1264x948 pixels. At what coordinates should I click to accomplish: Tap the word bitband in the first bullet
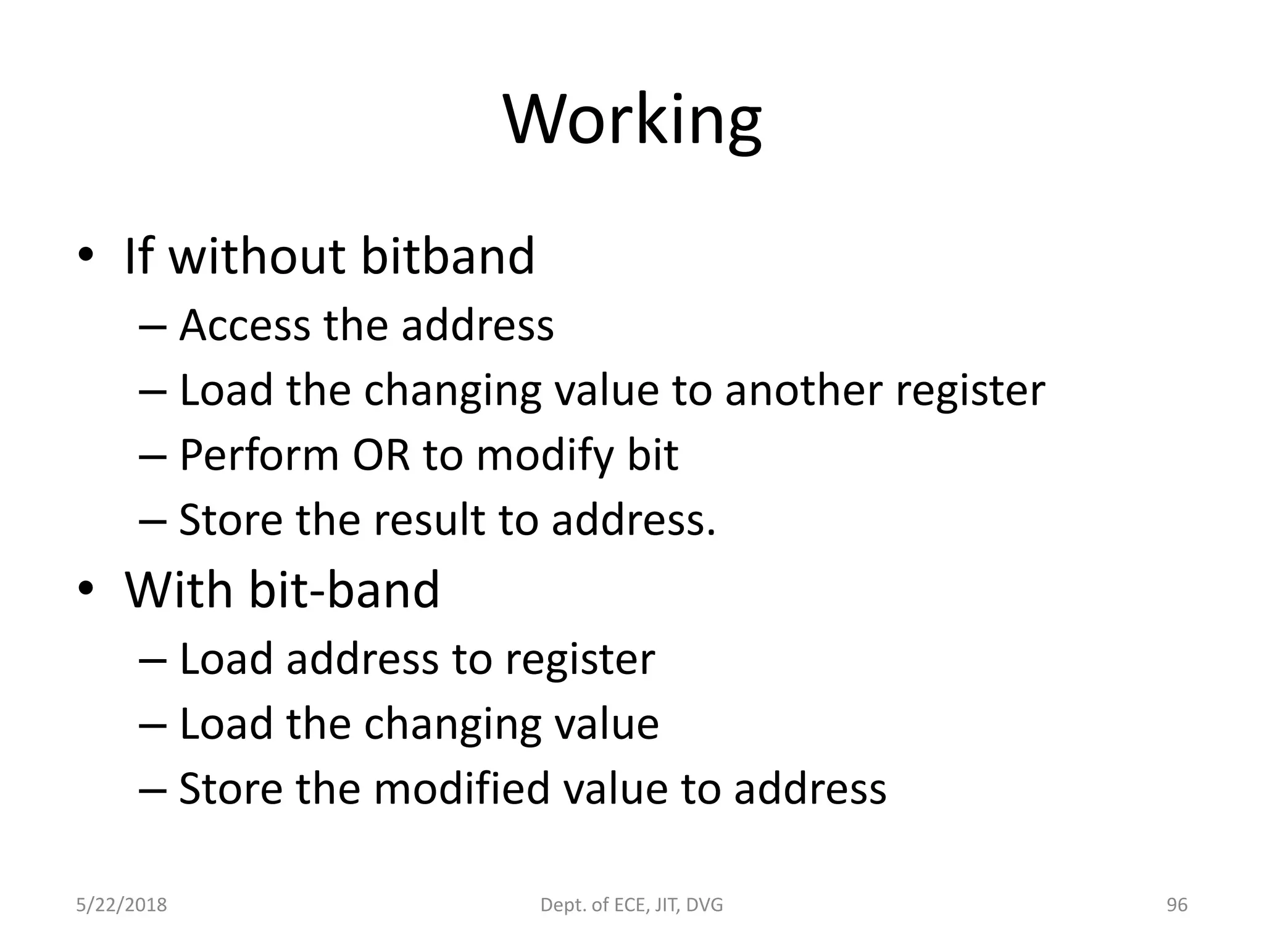coord(447,256)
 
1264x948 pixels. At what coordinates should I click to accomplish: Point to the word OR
coord(381,455)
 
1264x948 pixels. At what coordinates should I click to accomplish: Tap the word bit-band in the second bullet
coord(344,590)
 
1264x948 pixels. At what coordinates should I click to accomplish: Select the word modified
coord(461,789)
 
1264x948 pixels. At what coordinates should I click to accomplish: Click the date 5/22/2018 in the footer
coord(122,905)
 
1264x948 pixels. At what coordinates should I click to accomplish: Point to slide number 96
coord(1177,905)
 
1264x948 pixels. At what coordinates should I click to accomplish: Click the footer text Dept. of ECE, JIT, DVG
coord(631,905)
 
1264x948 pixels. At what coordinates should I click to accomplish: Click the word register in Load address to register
coord(580,659)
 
